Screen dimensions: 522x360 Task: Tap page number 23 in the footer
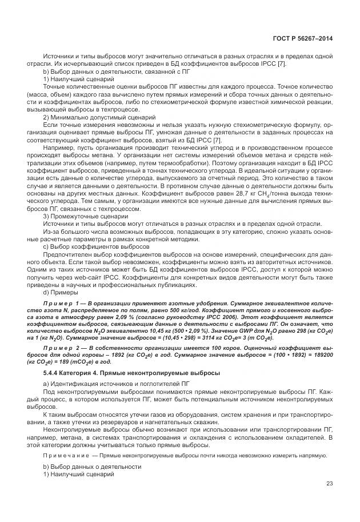(x=329, y=483)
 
